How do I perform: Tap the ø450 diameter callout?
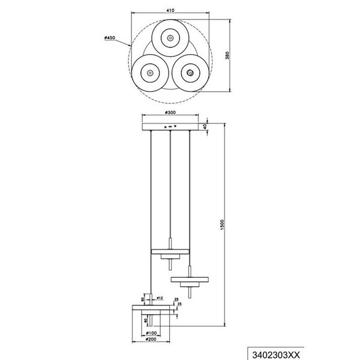(109, 38)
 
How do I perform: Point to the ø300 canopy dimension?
(171, 113)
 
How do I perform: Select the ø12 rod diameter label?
(160, 297)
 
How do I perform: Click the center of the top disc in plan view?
(170, 38)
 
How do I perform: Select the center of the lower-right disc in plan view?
(190, 73)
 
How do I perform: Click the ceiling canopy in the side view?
(170, 127)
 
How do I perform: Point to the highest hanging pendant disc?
(170, 251)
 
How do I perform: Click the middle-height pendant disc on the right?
(190, 280)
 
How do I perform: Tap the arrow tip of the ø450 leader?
(131, 46)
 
